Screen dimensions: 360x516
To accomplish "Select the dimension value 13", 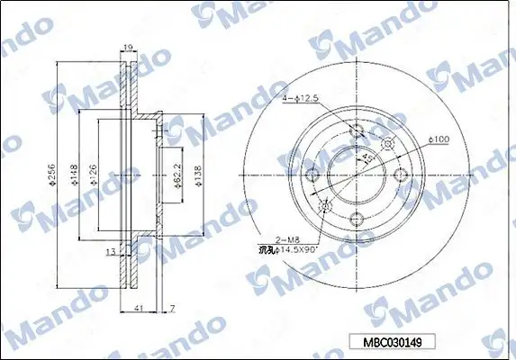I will pos(110,253).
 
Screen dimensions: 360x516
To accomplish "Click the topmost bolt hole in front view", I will pos(358,133).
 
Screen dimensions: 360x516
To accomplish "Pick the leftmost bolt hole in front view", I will pos(314,175).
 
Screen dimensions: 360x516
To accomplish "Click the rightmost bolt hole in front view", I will pos(400,175).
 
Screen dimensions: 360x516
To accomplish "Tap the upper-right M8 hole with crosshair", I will pos(388,145).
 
